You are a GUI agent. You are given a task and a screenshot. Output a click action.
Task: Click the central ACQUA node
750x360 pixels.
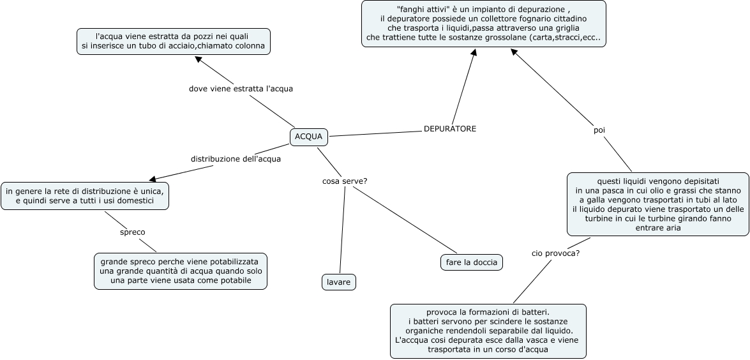click(310, 137)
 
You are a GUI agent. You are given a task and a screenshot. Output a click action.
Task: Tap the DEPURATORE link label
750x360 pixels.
click(450, 129)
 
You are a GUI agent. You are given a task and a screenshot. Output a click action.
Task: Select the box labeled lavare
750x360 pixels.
click(338, 282)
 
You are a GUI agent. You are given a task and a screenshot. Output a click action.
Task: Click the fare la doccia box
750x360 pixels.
click(472, 262)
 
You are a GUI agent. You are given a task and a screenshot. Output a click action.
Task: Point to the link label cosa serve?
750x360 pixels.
click(345, 181)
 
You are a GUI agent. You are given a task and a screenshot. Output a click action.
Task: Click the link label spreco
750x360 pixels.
click(133, 232)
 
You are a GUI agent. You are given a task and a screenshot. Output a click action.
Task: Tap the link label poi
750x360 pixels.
click(599, 130)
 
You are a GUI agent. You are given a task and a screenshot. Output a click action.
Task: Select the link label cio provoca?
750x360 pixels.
click(555, 253)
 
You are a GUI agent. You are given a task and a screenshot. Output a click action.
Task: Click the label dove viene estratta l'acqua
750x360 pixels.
click(241, 89)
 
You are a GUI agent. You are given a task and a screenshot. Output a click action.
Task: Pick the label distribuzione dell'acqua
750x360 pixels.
click(236, 159)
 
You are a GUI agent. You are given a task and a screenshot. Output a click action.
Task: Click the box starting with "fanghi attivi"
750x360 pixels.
click(483, 24)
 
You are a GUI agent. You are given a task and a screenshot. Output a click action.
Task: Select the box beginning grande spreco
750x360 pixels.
click(181, 271)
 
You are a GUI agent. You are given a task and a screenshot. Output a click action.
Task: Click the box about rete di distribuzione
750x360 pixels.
click(86, 196)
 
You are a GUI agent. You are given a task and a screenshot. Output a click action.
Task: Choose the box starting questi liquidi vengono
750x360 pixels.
click(657, 204)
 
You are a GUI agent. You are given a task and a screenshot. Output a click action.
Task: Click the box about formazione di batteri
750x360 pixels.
click(488, 331)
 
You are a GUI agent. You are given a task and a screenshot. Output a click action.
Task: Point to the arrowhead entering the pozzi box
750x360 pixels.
click(199, 59)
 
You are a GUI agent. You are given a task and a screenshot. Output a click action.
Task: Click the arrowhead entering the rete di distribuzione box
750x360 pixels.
click(152, 180)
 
